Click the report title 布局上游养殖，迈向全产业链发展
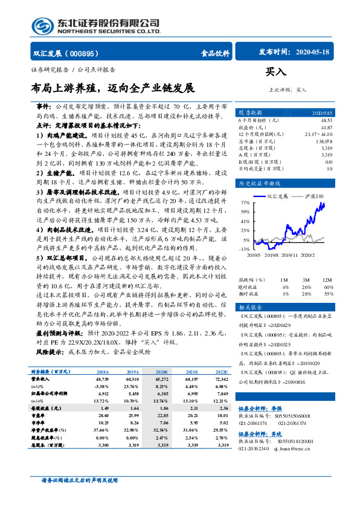[113, 88]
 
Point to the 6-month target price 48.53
[326, 121]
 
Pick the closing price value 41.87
[327, 128]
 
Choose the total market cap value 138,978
[324, 140]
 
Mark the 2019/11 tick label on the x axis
[292, 255]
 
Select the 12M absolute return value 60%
[328, 270]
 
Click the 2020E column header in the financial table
[162, 373]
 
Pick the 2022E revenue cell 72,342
[220, 380]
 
